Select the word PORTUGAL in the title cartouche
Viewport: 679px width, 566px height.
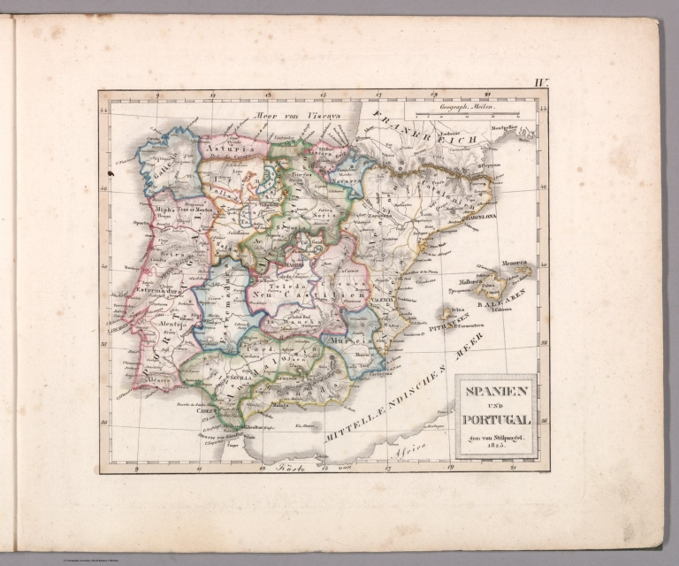495,420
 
